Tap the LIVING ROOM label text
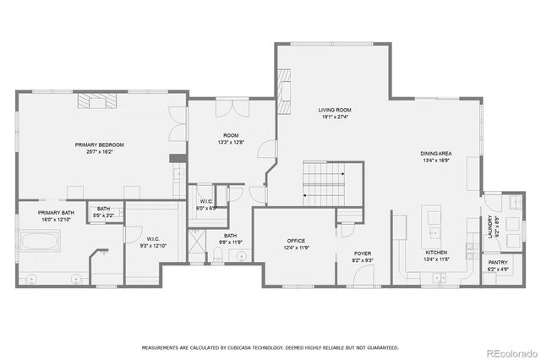point(335,110)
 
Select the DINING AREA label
point(436,154)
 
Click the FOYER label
point(363,253)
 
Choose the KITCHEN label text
point(436,253)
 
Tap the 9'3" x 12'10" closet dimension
point(153,245)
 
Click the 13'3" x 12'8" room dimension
point(230,142)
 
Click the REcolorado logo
point(510,352)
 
